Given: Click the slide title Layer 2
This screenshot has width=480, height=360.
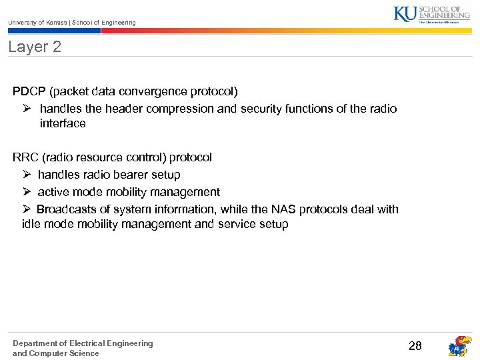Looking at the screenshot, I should click(35, 47).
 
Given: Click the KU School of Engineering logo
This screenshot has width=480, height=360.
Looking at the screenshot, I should click(431, 14).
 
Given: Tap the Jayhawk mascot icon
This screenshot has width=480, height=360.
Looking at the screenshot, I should click(459, 346).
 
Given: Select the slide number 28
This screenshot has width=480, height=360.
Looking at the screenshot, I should click(415, 345).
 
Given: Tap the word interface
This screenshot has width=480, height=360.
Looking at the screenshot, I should click(63, 123).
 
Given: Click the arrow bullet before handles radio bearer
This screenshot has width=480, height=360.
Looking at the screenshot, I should click(26, 175).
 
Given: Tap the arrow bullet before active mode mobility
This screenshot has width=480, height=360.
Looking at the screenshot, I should click(26, 192).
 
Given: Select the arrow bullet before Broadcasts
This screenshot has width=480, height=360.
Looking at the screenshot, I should click(26, 209).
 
